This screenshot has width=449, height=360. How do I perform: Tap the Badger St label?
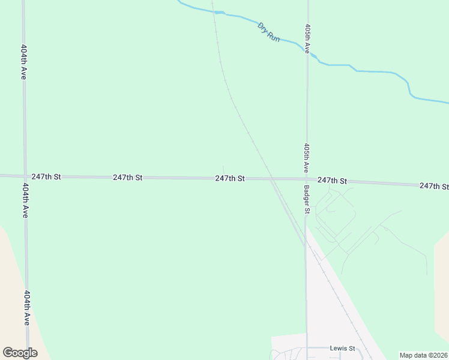click(x=306, y=199)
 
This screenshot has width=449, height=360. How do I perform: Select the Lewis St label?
click(x=343, y=348)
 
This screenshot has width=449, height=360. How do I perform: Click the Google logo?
click(x=20, y=353)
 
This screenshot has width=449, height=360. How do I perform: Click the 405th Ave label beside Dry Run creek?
click(x=307, y=38)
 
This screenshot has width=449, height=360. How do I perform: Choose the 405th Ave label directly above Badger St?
click(x=306, y=157)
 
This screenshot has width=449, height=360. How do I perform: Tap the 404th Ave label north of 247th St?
click(x=23, y=62)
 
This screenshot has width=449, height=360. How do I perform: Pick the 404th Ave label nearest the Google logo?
click(x=26, y=308)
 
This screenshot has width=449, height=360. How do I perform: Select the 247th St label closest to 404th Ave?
click(x=46, y=177)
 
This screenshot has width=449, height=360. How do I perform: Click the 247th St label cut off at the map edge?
click(x=434, y=187)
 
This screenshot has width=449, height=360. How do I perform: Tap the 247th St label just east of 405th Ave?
click(x=333, y=181)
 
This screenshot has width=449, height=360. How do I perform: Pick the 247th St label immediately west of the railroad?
click(x=230, y=179)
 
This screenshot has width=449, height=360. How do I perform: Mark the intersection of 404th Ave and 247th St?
click(x=25, y=176)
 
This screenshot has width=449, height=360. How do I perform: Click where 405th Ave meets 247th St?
click(x=306, y=179)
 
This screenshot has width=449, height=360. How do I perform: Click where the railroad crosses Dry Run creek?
click(x=214, y=12)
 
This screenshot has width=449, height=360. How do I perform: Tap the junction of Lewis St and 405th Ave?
click(x=306, y=347)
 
